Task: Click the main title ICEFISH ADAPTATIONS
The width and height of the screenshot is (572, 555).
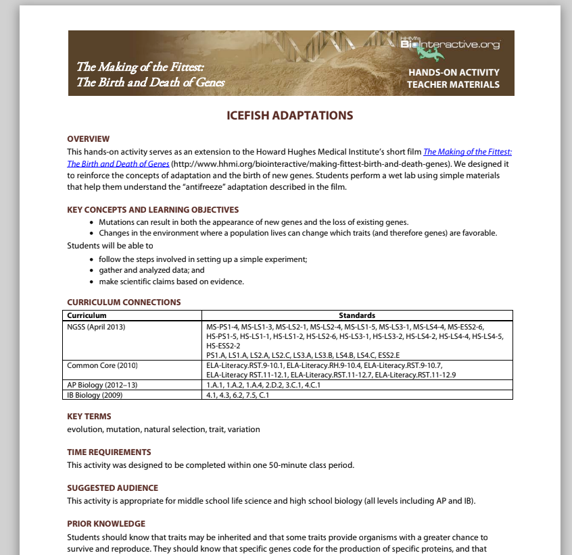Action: point(289,115)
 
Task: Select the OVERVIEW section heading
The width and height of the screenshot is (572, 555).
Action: point(89,139)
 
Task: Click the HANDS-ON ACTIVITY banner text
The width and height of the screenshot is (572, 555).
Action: point(454,72)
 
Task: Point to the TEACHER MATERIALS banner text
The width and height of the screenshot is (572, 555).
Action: point(453,84)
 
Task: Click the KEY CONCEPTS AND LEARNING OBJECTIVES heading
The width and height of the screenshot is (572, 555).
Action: point(153,210)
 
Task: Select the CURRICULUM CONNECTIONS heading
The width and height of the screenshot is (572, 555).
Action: point(124,302)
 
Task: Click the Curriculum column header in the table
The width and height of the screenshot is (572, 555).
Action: point(87,315)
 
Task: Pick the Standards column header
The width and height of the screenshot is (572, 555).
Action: point(357,315)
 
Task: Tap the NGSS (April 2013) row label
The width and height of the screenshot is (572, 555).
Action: point(96,327)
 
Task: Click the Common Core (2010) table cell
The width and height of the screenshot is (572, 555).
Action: point(102,365)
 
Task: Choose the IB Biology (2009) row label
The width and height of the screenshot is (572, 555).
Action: point(95,395)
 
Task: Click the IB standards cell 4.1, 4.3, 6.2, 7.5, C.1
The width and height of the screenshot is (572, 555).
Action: point(238,395)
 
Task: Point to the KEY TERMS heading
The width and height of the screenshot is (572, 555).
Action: point(89,417)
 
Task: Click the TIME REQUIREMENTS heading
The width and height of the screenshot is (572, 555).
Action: point(109,452)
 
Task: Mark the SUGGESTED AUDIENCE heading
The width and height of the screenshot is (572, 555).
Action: point(112,488)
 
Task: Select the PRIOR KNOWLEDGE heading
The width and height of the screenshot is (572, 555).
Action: point(106,524)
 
